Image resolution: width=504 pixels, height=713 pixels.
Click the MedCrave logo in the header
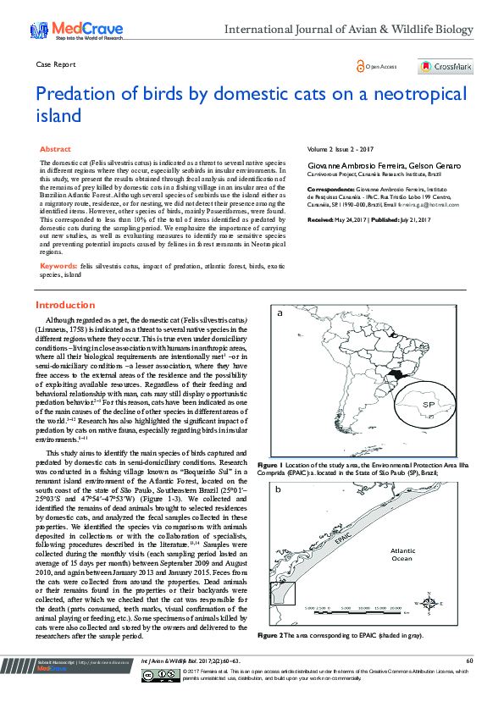(77, 31)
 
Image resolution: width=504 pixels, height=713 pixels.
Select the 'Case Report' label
(56, 64)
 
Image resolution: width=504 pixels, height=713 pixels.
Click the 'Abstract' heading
(56, 148)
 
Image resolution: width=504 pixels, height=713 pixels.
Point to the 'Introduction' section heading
(64, 305)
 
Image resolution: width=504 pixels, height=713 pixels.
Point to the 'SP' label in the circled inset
(429, 405)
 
